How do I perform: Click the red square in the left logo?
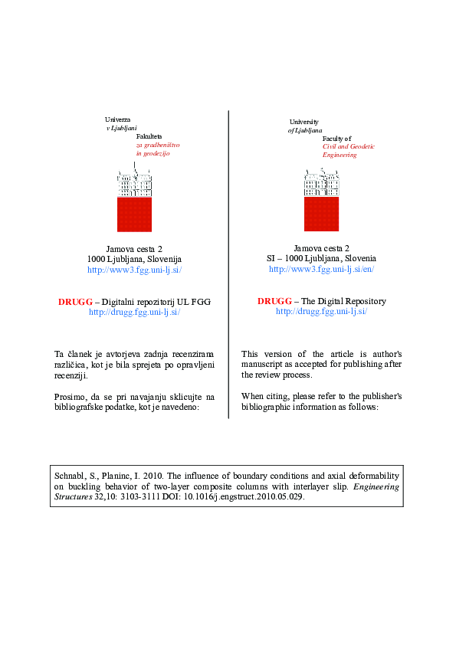[134, 214]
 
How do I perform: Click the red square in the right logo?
[321, 214]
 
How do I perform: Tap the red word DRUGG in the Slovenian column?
[74, 302]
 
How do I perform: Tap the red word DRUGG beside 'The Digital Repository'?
[274, 301]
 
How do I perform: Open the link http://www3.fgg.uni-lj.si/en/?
[322, 270]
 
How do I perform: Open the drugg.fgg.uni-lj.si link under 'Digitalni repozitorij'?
[134, 313]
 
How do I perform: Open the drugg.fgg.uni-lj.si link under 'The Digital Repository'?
[322, 312]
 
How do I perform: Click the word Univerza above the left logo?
[117, 120]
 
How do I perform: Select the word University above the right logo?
[303, 122]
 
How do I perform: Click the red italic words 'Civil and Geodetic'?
[340, 146]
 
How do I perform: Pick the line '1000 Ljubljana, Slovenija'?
[134, 260]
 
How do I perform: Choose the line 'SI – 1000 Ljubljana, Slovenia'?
[322, 259]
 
